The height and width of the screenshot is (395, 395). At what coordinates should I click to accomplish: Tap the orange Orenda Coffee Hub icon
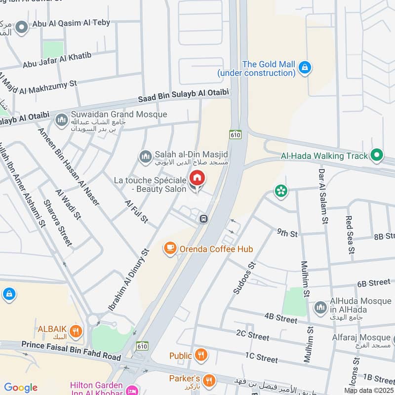pyautogui.click(x=170, y=249)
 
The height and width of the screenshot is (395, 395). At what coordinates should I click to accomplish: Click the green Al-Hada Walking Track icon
pyautogui.click(x=377, y=156)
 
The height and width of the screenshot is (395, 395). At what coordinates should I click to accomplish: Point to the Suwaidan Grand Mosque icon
pyautogui.click(x=62, y=119)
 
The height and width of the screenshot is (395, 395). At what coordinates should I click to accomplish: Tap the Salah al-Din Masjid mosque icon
pyautogui.click(x=145, y=157)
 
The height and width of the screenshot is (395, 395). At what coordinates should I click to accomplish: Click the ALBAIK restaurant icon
pyautogui.click(x=76, y=331)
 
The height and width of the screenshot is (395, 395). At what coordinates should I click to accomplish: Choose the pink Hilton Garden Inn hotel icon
pyautogui.click(x=132, y=391)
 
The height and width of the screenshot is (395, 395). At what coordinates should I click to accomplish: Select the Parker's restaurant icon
pyautogui.click(x=210, y=380)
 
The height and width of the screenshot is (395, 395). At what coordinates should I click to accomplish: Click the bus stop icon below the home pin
pyautogui.click(x=203, y=219)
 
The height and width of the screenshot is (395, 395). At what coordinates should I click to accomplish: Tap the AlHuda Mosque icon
pyautogui.click(x=320, y=307)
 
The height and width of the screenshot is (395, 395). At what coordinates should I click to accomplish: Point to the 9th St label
pyautogui.click(x=287, y=232)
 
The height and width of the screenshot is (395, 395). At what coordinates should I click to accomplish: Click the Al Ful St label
pyautogui.click(x=137, y=211)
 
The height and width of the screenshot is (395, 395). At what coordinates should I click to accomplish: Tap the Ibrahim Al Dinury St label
pyautogui.click(x=129, y=279)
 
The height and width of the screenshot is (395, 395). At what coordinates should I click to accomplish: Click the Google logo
pyautogui.click(x=21, y=387)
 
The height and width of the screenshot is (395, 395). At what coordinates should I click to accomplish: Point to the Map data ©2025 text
pyautogui.click(x=368, y=390)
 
